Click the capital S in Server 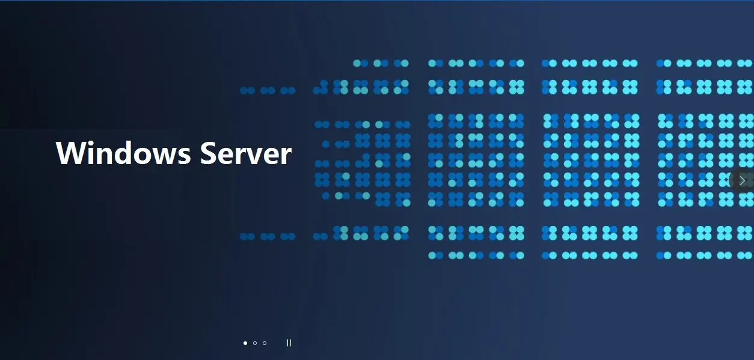click(209, 153)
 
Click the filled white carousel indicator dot click(245, 343)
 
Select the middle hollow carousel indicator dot click(255, 343)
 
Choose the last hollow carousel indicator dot click(265, 343)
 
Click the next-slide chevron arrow click(743, 180)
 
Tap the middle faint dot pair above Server click(268, 91)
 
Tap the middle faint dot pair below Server click(268, 237)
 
